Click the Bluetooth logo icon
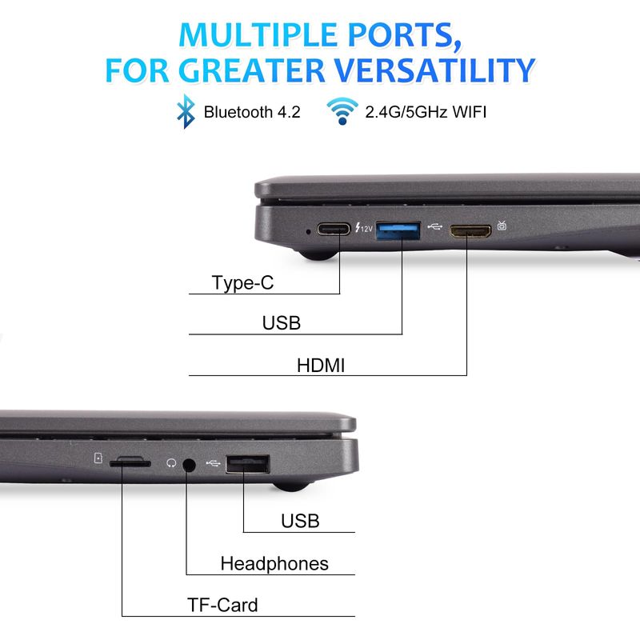pos(186,111)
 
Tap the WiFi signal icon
pos(342,111)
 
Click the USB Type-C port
pos(334,229)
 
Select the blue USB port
pos(398,230)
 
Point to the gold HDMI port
pos(470,231)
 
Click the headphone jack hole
pos(188,465)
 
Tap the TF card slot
pos(130,463)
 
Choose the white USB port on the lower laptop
pos(248,464)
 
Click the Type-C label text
pos(242,283)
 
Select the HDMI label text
pos(321,366)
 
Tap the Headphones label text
pos(274,564)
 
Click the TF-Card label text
pos(222,605)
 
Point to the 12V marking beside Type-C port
pos(364,228)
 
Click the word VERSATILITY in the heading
pos(434,70)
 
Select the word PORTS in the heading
pos(405,35)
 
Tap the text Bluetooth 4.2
pos(252,112)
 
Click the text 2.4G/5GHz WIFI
pos(426,112)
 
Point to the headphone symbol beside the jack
pos(171,463)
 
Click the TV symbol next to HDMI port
pos(502,226)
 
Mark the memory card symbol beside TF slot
pos(98,458)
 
